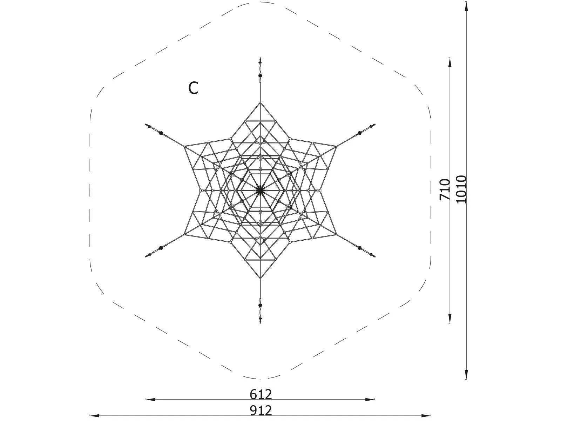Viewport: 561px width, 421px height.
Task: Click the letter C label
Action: coord(193,88)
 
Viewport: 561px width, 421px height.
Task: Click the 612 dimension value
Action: coord(261,394)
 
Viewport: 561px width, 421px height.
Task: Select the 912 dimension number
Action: coord(261,410)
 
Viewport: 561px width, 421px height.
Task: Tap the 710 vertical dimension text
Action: coord(445,189)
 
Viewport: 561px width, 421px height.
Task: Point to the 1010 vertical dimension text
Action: coord(461,189)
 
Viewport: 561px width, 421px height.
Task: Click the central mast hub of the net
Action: coord(260,191)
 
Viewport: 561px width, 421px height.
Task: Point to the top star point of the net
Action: coord(260,103)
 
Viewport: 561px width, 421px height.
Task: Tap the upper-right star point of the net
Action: coord(336,147)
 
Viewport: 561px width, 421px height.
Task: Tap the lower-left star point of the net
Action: coord(184,234)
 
